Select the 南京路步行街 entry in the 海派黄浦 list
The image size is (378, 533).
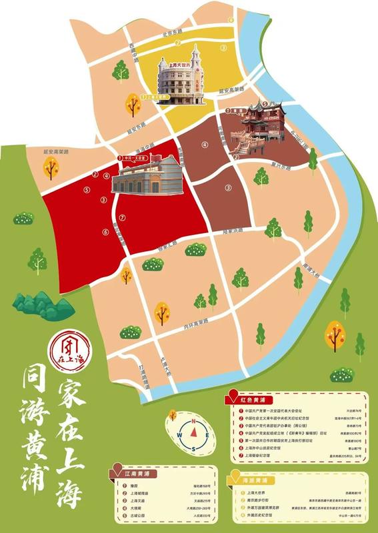(x=254, y=506)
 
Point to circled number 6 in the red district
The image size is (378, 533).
(x=105, y=232)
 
